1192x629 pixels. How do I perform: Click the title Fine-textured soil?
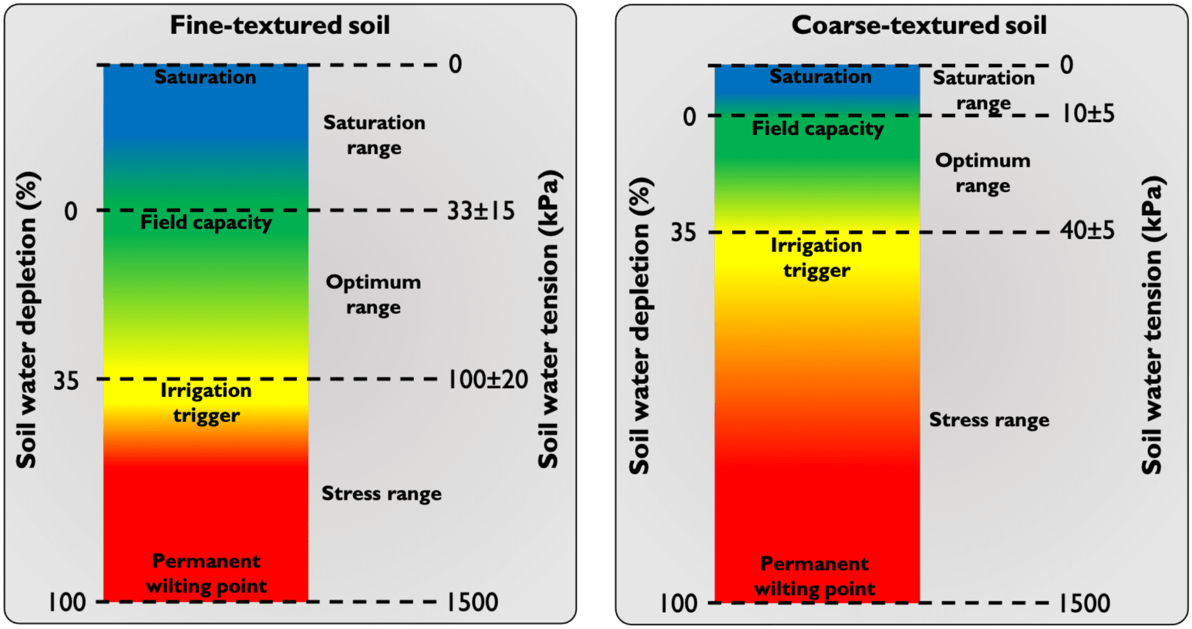280,26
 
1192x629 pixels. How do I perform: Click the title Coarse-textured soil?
919,26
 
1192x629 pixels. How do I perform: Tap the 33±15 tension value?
481,211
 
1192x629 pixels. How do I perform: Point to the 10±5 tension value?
1087,113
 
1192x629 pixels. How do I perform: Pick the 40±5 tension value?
1087,230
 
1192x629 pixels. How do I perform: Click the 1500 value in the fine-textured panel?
472,602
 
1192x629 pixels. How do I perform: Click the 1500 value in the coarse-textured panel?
1084,603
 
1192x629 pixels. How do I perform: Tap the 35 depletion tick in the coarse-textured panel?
683,233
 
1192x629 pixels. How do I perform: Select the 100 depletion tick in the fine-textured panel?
67,602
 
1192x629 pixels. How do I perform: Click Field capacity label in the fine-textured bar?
206,222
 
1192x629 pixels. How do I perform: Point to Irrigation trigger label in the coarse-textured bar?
817,258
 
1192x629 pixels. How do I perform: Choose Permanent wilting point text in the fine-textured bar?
206,574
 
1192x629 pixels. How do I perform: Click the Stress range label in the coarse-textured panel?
989,420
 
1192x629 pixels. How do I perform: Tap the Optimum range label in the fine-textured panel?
373,294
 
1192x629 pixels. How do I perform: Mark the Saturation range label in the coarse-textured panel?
984,90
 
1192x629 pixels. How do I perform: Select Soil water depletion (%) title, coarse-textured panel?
640,326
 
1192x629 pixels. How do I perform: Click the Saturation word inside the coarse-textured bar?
820,77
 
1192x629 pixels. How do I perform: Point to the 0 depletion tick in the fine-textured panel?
70,211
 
